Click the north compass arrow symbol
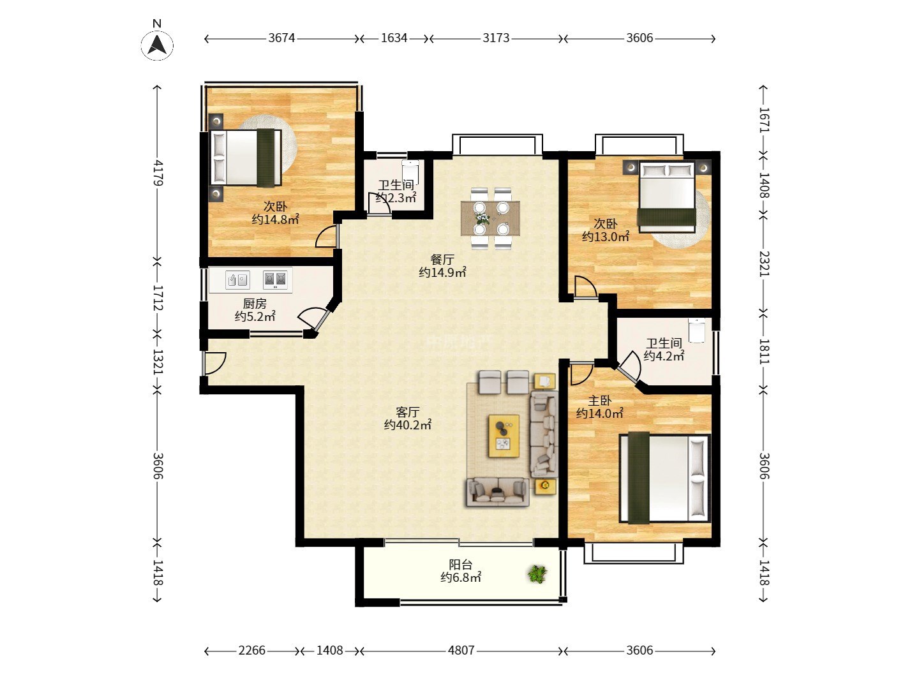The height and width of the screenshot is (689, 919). [x=157, y=45]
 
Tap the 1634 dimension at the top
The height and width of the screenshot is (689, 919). [x=394, y=38]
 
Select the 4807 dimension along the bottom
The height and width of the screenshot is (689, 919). [x=461, y=651]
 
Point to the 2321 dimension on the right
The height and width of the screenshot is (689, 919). [x=764, y=263]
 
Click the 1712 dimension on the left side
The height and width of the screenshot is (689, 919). [x=158, y=297]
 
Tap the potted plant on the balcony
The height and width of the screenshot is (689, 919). [x=537, y=574]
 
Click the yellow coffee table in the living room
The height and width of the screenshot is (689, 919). [x=504, y=436]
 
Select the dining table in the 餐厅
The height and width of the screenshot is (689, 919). [x=490, y=218]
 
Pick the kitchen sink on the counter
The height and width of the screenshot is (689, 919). [x=237, y=280]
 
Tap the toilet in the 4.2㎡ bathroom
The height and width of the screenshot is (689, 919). [x=697, y=330]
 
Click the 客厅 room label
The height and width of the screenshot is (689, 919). [x=407, y=412]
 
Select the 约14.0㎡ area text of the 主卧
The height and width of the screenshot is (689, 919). [x=599, y=414]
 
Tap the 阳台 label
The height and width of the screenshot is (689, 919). [x=461, y=565]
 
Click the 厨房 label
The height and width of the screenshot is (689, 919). [x=255, y=303]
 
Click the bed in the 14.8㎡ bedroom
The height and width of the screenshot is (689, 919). [x=245, y=158]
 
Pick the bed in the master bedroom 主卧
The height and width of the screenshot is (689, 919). [x=665, y=478]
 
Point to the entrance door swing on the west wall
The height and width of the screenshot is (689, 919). [x=214, y=364]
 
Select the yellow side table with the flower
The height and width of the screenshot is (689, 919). [x=545, y=485]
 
